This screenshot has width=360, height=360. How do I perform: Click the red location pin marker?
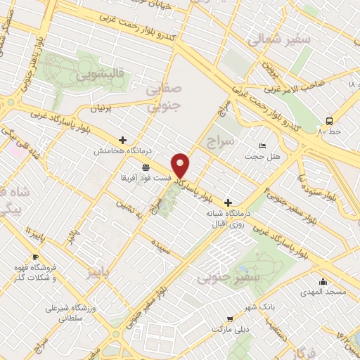tap(181, 165)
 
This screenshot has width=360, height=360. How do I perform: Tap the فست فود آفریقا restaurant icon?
tap(146, 167)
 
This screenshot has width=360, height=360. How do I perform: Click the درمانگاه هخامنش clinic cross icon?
tap(123, 141)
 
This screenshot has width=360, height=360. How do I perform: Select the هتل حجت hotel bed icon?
tap(262, 146)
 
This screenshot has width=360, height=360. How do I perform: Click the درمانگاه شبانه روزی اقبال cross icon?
tap(228, 202)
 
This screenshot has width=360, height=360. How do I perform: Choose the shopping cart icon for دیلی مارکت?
tap(228, 319)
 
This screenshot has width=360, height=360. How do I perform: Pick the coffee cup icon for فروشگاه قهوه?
tap(35, 257)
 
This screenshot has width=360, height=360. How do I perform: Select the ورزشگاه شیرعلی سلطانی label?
tap(70, 313)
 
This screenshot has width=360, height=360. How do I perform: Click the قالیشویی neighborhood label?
tap(103, 73)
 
